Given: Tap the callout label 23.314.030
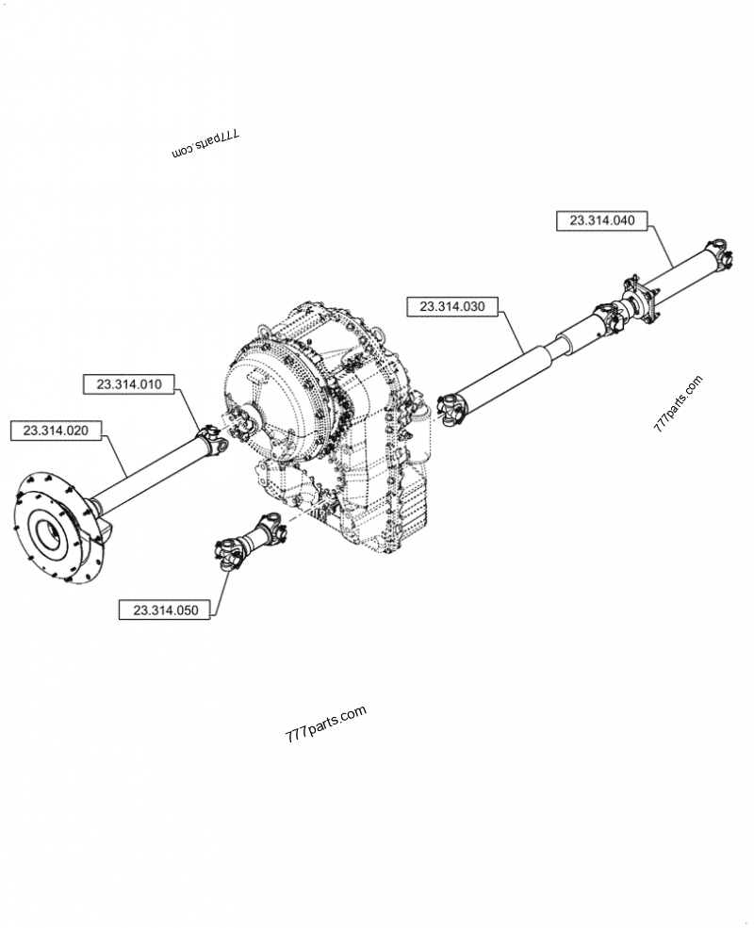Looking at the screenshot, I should [x=451, y=306].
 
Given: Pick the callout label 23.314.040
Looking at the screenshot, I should [x=602, y=220].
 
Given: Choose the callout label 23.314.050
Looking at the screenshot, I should [x=166, y=610].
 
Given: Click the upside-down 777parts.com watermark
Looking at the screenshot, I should [x=205, y=143].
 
